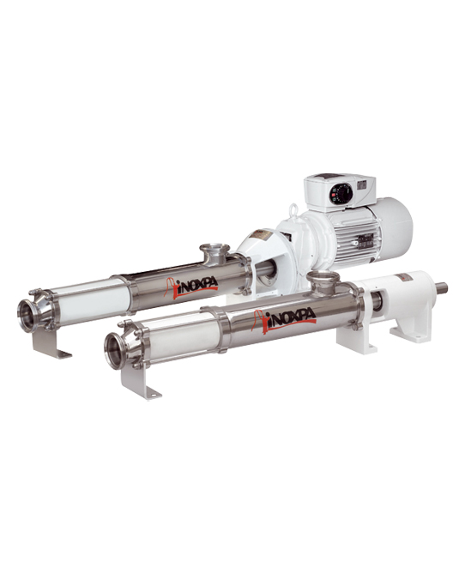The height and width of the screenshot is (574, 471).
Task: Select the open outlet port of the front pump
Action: [115, 350]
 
